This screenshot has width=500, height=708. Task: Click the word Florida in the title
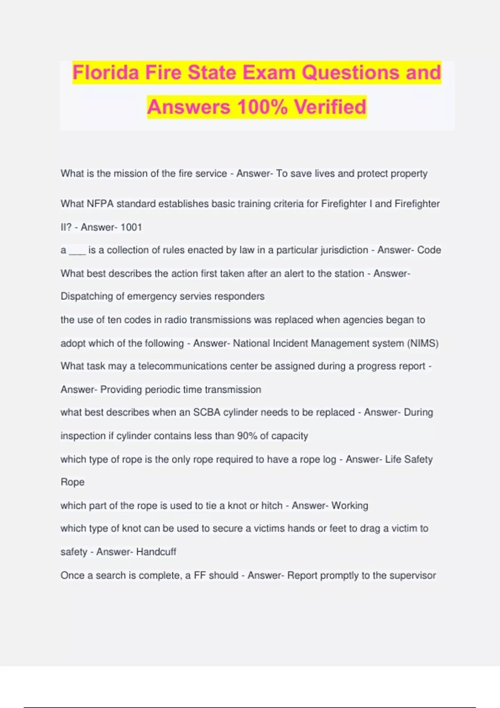coord(106,72)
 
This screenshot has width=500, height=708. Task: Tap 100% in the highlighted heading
coord(262,107)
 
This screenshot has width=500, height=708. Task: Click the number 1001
coord(131,227)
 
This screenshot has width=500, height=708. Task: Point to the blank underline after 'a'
coord(77,251)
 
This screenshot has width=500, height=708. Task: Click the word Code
coord(429,250)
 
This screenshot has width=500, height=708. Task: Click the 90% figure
coord(247,436)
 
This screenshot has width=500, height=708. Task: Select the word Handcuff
coord(156,552)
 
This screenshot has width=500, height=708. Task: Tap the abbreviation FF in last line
coord(200,576)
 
